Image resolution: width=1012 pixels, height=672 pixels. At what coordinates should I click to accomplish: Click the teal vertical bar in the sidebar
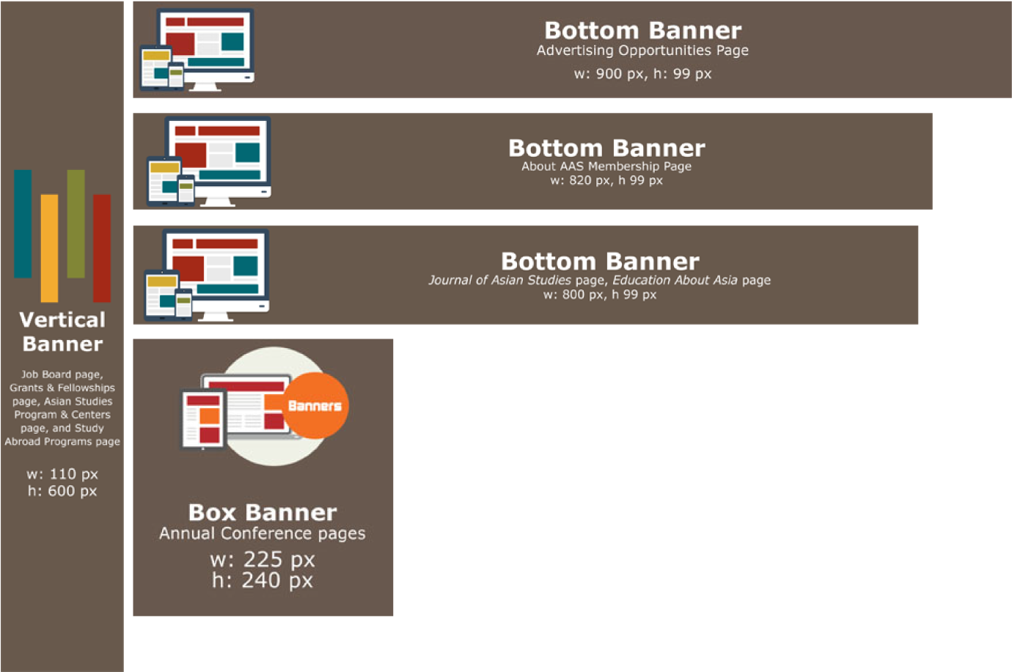click(x=23, y=224)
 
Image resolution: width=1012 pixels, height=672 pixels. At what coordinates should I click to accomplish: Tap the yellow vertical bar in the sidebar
click(x=49, y=248)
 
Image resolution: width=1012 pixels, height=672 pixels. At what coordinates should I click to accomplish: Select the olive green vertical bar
click(x=76, y=224)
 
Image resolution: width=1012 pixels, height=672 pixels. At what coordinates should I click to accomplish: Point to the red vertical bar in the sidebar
click(x=102, y=248)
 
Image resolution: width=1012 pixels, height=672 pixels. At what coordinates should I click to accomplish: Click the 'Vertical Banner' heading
click(x=62, y=331)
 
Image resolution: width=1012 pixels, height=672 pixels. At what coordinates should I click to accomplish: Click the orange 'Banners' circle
click(x=315, y=405)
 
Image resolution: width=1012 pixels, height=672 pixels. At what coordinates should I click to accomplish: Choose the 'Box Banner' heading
click(x=263, y=512)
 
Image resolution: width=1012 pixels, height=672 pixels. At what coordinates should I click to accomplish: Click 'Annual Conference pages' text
click(x=263, y=533)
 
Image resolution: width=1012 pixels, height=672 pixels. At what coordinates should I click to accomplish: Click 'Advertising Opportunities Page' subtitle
click(x=642, y=51)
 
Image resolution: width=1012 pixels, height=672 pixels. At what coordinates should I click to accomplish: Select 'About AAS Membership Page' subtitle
click(x=606, y=166)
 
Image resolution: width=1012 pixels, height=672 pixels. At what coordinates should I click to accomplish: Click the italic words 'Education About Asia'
click(x=675, y=280)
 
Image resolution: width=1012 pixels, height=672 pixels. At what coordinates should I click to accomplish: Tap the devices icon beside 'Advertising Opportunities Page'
click(x=197, y=50)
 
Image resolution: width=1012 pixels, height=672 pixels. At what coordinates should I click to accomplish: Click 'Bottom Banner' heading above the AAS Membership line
click(x=606, y=148)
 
